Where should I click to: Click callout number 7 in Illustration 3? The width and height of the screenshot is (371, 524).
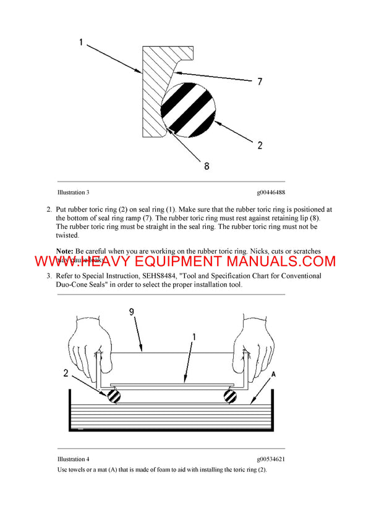(x=261, y=81)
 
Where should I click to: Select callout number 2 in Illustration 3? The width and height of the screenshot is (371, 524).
(x=260, y=146)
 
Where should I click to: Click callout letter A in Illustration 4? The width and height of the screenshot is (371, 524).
(x=273, y=374)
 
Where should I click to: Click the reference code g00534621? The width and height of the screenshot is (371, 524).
(x=271, y=459)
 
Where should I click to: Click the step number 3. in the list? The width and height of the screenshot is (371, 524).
(x=49, y=276)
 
